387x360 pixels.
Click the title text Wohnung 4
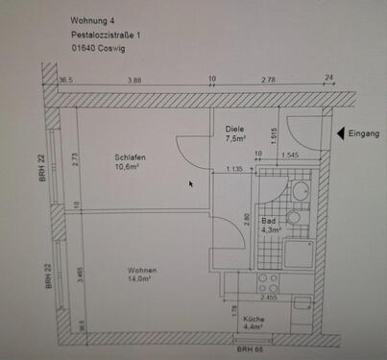click(93, 19)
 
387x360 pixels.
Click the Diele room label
click(234, 129)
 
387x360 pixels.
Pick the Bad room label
click(268, 220)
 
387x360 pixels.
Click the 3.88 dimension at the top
click(135, 80)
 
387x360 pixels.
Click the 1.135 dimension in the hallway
click(232, 170)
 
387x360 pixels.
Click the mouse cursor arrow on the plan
click(192, 183)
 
